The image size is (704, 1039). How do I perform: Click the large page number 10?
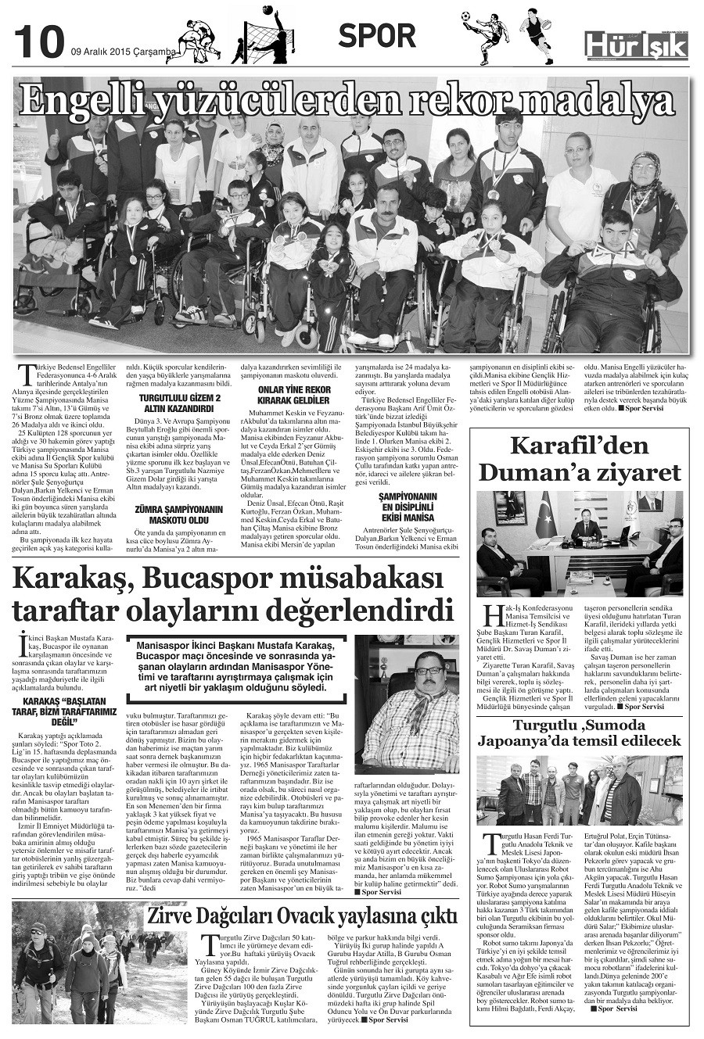pos(38,41)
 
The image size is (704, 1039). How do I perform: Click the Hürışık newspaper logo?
pos(636,45)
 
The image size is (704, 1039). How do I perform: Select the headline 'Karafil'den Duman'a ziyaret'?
pos(580,460)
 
